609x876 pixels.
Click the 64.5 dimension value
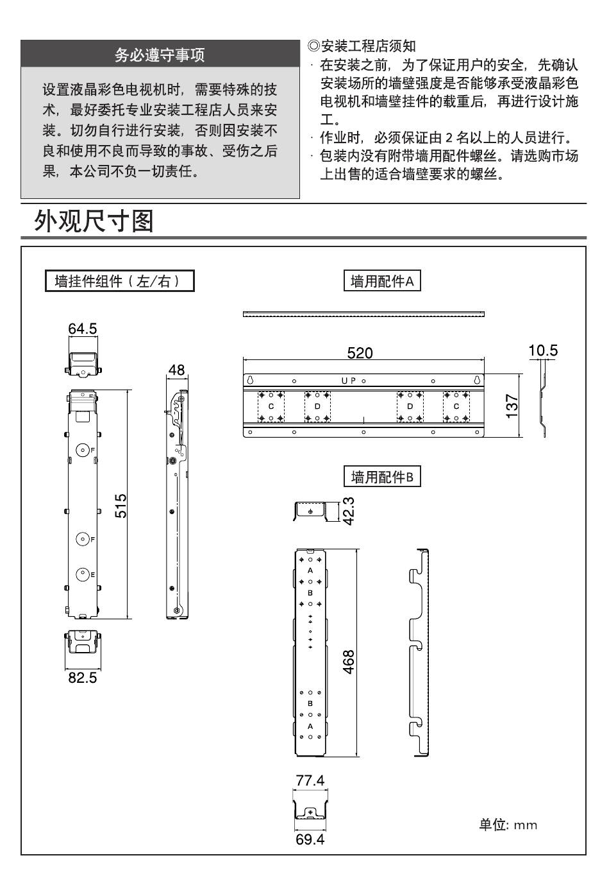tap(83, 329)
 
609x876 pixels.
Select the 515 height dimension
tap(121, 505)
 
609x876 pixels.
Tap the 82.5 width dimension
tap(83, 678)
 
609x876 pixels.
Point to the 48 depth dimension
tap(176, 370)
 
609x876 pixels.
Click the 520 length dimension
tap(360, 353)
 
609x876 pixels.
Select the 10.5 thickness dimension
tap(543, 350)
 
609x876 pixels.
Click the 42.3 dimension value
tap(349, 511)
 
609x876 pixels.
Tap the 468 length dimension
tap(349, 662)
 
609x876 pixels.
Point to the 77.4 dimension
tap(310, 781)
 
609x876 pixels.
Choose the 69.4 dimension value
tap(310, 840)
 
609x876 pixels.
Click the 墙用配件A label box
tap(383, 281)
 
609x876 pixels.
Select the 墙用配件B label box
tap(383, 477)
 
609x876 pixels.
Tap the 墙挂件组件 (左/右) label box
tap(119, 281)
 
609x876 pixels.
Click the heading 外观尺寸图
tap(94, 221)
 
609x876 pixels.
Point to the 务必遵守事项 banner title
tap(160, 55)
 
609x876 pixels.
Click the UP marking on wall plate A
tap(349, 381)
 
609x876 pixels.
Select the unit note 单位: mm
tap(508, 825)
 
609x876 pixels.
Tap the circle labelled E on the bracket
tap(83, 574)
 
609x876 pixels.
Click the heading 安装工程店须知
tap(362, 46)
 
